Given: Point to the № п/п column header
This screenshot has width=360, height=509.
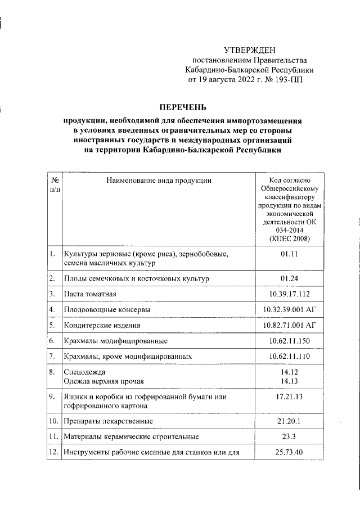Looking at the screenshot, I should point(55,185).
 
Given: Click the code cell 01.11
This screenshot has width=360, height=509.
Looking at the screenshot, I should point(289,254).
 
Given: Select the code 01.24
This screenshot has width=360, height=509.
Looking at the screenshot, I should point(289,278).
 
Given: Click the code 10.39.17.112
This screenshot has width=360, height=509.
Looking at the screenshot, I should point(289,294).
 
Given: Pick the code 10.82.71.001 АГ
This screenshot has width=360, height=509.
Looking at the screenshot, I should point(289,325).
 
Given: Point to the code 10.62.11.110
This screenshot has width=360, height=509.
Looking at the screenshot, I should point(289,356).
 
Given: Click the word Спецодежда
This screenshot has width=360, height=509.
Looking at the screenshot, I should point(84,372).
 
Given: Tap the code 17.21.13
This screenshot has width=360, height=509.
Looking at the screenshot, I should point(289,397).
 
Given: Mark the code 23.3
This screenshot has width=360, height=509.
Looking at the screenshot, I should point(289,436).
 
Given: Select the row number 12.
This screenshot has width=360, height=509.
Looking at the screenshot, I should point(53,452).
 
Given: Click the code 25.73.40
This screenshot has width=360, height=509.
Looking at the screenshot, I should point(289,452).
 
